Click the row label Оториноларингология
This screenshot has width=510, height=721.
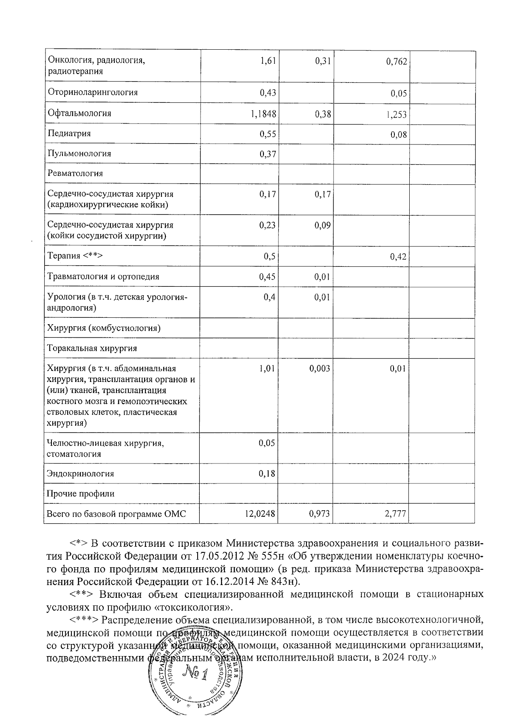(93, 92)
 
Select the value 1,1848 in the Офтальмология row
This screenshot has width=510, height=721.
(263, 113)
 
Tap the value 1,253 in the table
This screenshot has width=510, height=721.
(397, 114)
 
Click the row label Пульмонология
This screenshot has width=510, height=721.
(79, 153)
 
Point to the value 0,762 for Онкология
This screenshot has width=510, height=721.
(397, 62)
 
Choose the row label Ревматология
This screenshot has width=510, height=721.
(75, 173)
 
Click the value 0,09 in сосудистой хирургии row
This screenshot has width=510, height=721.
(323, 226)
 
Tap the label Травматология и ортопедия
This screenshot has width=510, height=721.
(103, 277)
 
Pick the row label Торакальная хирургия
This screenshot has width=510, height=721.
(92, 348)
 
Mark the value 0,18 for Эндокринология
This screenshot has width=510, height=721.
(267, 474)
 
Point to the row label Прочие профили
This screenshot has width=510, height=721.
(81, 494)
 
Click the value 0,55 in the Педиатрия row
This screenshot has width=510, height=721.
(268, 134)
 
